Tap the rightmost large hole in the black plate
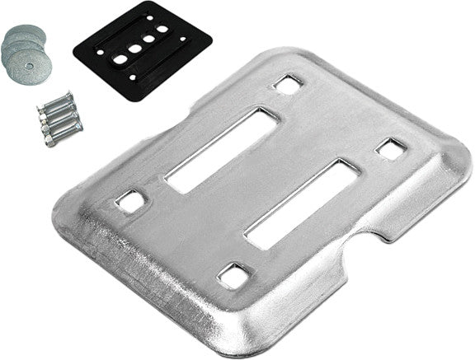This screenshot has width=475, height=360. (x=162, y=30)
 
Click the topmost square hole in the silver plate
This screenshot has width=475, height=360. (x=287, y=83)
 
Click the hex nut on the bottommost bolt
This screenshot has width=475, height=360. (x=50, y=141)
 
